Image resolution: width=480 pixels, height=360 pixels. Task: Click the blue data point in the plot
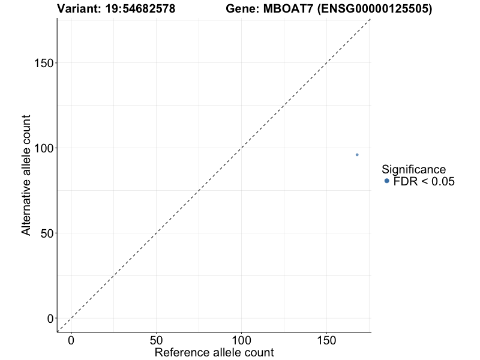(x=357, y=155)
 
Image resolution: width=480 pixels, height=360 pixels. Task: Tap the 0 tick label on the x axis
(x=71, y=341)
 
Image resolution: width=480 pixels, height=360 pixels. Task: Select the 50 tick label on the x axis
(x=157, y=341)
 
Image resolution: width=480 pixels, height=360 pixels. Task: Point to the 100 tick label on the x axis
(x=242, y=341)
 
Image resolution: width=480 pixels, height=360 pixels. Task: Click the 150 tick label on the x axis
(x=327, y=341)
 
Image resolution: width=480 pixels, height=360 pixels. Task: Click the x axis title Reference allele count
(x=214, y=352)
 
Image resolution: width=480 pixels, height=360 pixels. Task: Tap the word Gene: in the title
(x=243, y=9)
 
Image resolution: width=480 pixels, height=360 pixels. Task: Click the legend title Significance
(x=414, y=169)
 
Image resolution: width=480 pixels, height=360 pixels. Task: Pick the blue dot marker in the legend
(x=387, y=181)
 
